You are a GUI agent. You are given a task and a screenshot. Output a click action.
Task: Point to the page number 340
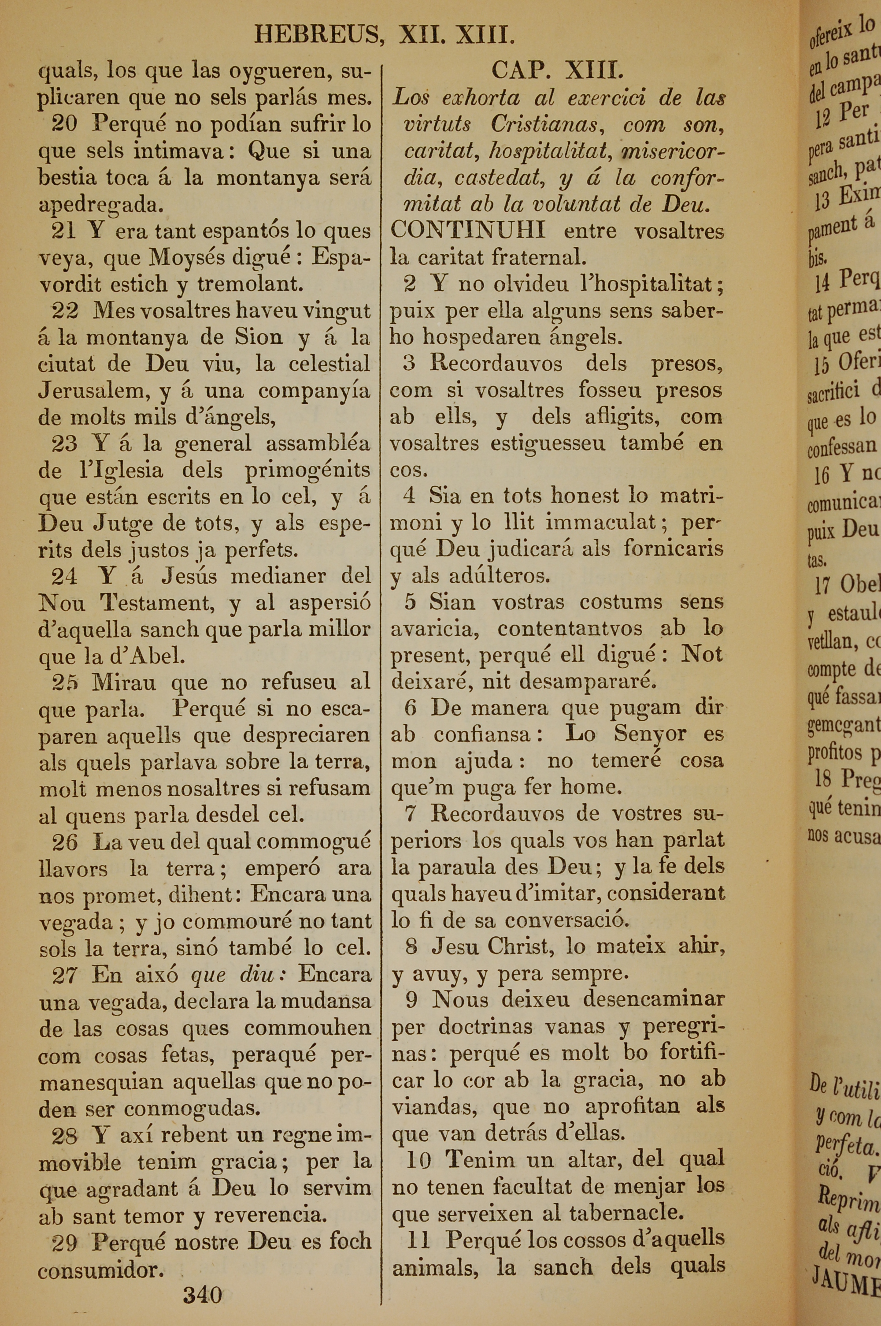tap(202, 1295)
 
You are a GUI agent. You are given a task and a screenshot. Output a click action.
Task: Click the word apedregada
tap(101, 205)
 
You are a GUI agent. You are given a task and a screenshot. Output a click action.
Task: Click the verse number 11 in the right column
tap(418, 1240)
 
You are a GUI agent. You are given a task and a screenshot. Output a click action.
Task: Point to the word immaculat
tap(601, 523)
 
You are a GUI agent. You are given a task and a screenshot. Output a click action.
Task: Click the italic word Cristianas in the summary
tap(548, 124)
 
